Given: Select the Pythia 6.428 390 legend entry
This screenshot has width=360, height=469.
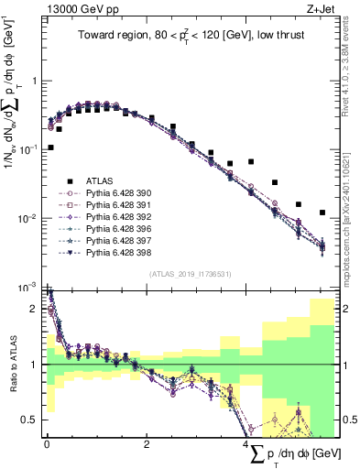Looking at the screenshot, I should tap(117, 193).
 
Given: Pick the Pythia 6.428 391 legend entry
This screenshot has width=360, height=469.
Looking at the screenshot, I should tap(117, 205).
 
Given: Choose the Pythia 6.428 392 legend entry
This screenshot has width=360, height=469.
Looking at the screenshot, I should tap(117, 217).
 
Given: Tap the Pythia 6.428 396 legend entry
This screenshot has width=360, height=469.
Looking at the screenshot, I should tap(117, 228).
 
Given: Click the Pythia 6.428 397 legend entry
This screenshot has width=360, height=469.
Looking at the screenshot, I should tap(117, 240).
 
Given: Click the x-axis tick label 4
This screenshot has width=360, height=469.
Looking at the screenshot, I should tap(246, 445).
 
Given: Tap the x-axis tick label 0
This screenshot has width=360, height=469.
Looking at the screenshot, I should tap(46, 445).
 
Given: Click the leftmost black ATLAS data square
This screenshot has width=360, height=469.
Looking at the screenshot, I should tap(50, 147).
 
